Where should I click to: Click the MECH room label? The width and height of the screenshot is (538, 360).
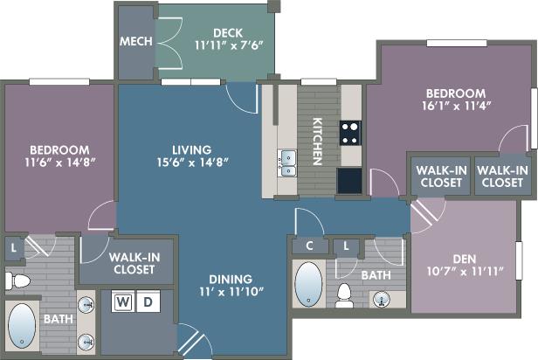point(136,42)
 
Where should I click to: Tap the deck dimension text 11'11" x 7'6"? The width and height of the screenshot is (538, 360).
point(229,45)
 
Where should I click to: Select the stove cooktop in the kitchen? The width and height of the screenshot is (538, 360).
point(350,133)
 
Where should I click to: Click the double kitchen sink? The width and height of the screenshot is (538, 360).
point(287,163)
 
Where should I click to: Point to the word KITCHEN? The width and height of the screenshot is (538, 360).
point(317,142)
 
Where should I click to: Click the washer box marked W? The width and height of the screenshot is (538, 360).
point(123,301)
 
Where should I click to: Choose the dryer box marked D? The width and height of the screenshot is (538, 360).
point(148,301)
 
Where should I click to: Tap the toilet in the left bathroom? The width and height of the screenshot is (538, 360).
point(17,281)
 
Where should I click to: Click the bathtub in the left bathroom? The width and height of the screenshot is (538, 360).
point(22,326)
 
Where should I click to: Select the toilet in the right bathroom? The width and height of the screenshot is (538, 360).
point(344,295)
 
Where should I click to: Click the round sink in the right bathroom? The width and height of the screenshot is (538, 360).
point(382,299)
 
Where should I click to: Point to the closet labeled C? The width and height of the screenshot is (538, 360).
point(310,246)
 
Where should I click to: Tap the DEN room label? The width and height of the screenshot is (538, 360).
point(465,260)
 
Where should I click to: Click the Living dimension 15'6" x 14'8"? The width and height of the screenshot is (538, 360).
point(193,163)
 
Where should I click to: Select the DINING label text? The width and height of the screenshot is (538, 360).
point(231,280)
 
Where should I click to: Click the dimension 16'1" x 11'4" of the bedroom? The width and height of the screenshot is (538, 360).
point(456,106)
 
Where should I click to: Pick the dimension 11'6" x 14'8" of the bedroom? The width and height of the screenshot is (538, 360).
point(59,163)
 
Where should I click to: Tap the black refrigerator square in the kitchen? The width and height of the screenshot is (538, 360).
point(349,181)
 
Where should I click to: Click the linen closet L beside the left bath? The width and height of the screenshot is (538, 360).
point(13,248)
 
